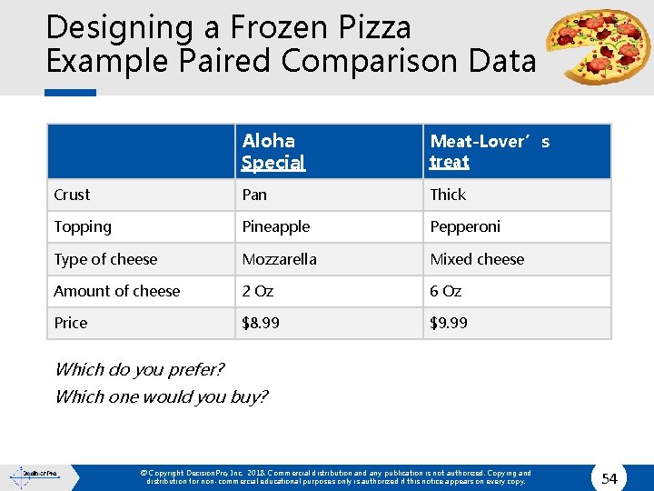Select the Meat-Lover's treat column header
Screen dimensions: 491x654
click(490, 151)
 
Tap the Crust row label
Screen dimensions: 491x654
click(72, 195)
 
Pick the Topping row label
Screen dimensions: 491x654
click(83, 226)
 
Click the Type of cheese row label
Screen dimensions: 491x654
click(105, 259)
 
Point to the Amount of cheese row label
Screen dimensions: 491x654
click(117, 291)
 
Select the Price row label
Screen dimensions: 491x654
click(71, 323)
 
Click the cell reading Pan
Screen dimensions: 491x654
click(254, 195)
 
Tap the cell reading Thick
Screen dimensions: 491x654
click(448, 195)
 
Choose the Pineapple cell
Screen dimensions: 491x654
click(275, 226)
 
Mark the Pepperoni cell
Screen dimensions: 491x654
click(465, 226)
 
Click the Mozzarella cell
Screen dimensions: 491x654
click(279, 259)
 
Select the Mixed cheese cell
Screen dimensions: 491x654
click(477, 259)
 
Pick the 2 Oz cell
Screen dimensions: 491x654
click(257, 291)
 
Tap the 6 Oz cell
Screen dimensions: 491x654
click(446, 291)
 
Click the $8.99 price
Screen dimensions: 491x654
click(261, 323)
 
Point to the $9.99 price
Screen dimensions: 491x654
click(449, 323)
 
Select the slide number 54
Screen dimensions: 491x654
click(609, 478)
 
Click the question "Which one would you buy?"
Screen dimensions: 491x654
click(162, 396)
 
